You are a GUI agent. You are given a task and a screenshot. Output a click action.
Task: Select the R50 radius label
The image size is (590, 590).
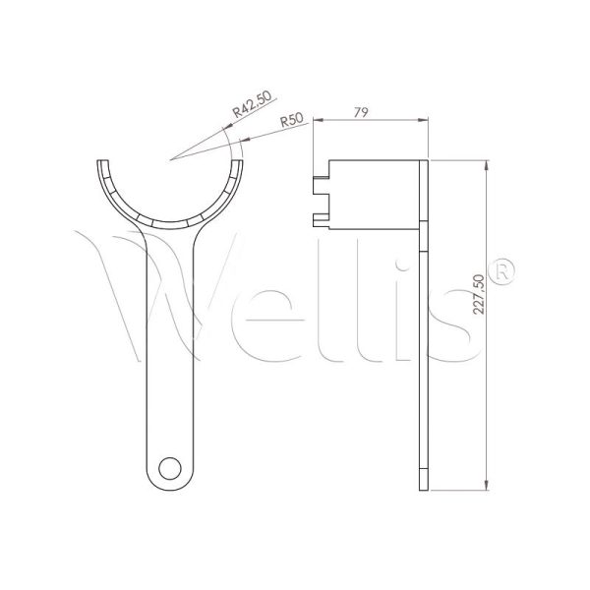pyautogui.click(x=290, y=120)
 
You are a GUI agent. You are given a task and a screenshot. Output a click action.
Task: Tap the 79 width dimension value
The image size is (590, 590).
pyautogui.click(x=360, y=113)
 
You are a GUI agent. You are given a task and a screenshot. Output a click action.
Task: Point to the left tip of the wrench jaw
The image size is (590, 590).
pyautogui.click(x=105, y=164)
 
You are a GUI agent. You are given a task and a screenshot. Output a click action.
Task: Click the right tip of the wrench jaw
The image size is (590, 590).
pyautogui.click(x=240, y=164)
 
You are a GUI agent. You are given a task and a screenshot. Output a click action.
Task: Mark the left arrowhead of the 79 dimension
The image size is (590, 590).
pyautogui.click(x=316, y=121)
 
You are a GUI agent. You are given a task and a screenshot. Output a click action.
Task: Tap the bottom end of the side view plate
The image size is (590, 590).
pyautogui.click(x=425, y=485)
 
